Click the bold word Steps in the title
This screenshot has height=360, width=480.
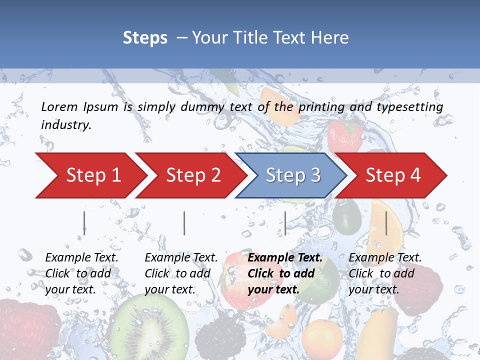(145, 38)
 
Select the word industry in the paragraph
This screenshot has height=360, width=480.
(66, 125)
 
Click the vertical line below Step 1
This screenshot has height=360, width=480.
(84, 223)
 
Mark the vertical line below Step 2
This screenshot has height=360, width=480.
(184, 223)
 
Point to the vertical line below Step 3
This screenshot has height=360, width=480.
(285, 223)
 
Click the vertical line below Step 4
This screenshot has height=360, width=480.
(386, 223)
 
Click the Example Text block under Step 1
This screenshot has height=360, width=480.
(81, 273)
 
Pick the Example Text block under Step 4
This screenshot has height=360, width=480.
(385, 273)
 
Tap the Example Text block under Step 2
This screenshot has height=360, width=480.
(181, 273)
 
